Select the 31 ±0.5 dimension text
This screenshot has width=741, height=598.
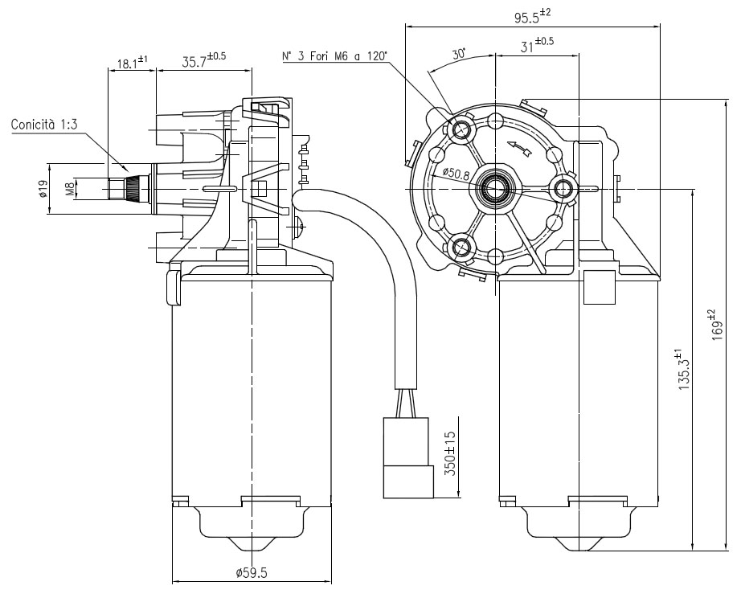[537, 45]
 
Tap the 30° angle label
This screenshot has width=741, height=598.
[459, 53]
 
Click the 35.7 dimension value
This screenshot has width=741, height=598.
[203, 59]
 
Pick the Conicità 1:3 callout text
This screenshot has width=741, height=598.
[44, 125]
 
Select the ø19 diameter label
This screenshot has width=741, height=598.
[43, 188]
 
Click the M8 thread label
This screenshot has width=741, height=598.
[70, 189]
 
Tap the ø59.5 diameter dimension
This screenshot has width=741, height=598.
[252, 573]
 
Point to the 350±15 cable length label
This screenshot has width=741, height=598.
[450, 453]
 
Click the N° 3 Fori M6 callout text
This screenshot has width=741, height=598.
[334, 56]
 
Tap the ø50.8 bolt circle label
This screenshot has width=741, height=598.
[456, 174]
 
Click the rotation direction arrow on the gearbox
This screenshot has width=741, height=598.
[519, 148]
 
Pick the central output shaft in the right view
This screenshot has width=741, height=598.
[495, 189]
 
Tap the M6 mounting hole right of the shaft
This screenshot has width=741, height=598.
[563, 189]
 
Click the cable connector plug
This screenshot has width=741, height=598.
[408, 457]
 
